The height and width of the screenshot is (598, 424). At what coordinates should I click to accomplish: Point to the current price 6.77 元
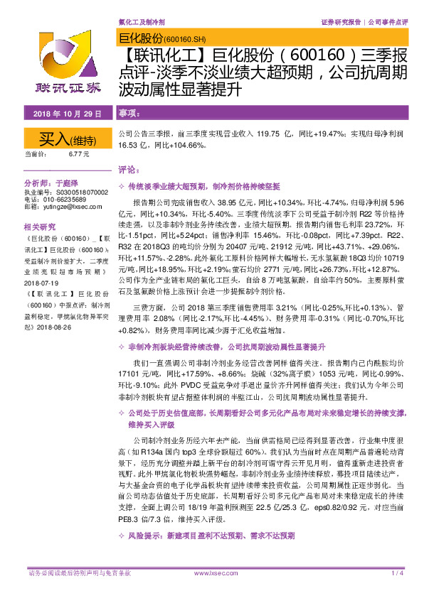coord(79,153)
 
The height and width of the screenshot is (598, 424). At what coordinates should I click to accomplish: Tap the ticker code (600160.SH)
coord(185,38)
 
